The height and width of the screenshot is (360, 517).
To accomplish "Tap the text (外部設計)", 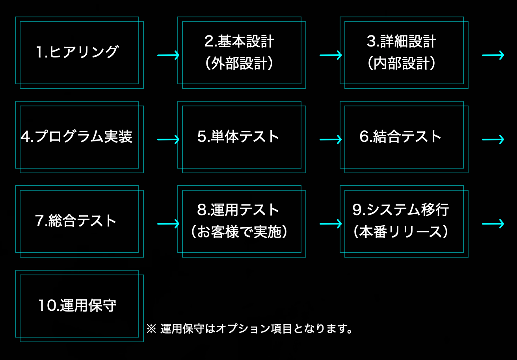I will pyautogui.click(x=239, y=64).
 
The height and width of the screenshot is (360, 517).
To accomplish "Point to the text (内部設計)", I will pyautogui.click(x=402, y=64).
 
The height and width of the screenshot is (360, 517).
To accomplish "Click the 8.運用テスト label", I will pyautogui.click(x=238, y=210).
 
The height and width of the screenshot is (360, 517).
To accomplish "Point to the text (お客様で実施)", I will pyautogui.click(x=239, y=232).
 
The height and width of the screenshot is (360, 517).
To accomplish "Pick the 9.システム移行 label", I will pyautogui.click(x=401, y=210).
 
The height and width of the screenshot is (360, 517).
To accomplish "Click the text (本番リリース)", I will pyautogui.click(x=401, y=232).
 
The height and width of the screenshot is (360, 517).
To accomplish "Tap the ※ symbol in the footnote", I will pyautogui.click(x=151, y=328).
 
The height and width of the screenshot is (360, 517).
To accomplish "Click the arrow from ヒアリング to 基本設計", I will pyautogui.click(x=168, y=55).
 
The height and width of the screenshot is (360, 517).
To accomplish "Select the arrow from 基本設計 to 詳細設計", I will pyautogui.click(x=331, y=55).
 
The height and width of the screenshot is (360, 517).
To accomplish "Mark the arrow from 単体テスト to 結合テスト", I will pyautogui.click(x=331, y=139).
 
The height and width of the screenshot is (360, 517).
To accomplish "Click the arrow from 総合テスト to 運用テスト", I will pyautogui.click(x=168, y=224).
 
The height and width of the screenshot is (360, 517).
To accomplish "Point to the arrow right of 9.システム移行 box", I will pyautogui.click(x=493, y=224).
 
